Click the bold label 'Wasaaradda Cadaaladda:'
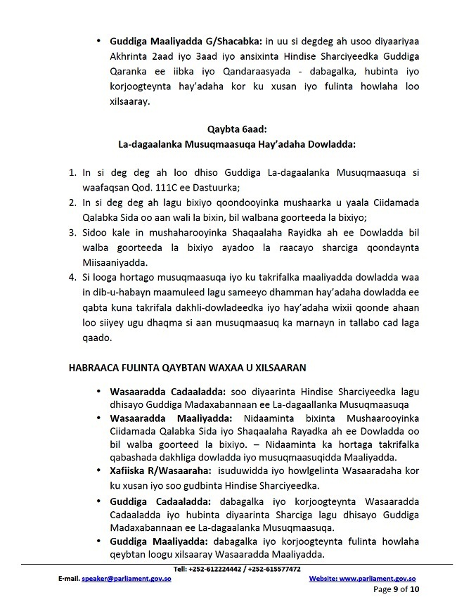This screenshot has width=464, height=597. point(157,391)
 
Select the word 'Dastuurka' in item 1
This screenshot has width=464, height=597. point(218,187)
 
